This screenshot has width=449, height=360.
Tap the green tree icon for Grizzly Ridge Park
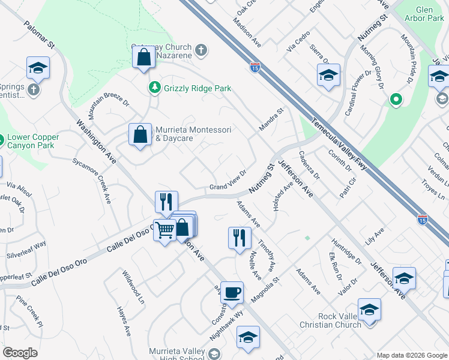coord(155,88)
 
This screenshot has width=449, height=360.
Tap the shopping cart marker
coord(164,229)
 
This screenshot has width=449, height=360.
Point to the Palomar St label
coord(40,37)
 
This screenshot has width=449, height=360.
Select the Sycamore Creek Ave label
coord(92,181)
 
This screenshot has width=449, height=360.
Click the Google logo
coord(20,353)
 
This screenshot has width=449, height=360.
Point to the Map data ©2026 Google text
coord(412,355)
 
